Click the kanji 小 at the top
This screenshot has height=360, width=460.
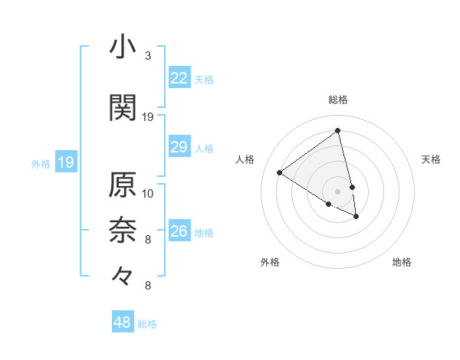[123, 47]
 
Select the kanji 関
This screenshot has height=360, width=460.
[123, 107]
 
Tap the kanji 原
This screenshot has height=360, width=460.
[123, 185]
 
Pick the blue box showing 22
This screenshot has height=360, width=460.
[179, 77]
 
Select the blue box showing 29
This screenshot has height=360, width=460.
[179, 147]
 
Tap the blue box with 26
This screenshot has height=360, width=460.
[179, 231]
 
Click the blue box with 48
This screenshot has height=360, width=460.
[123, 322]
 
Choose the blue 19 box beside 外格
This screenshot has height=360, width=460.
[65, 162]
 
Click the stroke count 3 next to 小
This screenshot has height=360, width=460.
[148, 55]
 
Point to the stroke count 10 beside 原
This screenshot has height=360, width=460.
[148, 193]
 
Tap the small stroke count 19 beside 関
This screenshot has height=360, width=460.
[148, 116]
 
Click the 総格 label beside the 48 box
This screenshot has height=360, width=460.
[147, 324]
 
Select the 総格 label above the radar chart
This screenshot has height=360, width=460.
[338, 100]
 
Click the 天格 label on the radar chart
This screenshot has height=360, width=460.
[431, 159]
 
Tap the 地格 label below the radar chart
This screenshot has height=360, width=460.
[402, 262]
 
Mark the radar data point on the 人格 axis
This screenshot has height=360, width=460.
[280, 173]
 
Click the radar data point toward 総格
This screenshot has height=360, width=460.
[338, 131]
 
